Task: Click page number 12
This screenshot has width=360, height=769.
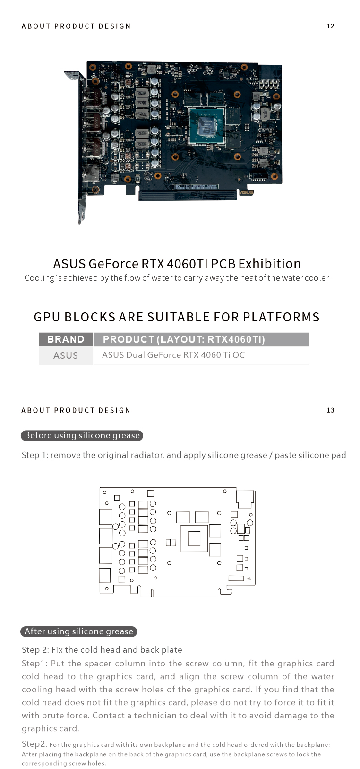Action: (x=331, y=26)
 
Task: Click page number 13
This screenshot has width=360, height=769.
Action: (x=331, y=410)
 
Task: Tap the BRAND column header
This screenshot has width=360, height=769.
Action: (x=66, y=339)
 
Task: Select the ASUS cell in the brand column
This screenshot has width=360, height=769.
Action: (x=66, y=355)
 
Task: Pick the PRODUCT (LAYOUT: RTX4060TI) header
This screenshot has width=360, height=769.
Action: (x=184, y=339)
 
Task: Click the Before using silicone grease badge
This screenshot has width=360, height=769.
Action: (x=82, y=435)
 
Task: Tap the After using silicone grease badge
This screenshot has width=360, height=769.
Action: (x=79, y=631)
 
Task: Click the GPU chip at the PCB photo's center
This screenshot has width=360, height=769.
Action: (x=206, y=125)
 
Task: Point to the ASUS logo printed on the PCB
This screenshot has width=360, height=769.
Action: (x=246, y=192)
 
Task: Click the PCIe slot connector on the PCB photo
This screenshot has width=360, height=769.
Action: (x=188, y=196)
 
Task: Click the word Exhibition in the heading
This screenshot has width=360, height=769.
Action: (x=269, y=264)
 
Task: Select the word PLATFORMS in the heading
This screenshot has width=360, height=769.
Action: (x=281, y=317)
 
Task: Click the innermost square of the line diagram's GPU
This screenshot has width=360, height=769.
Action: (x=194, y=538)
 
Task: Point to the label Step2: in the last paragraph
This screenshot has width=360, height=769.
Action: (x=34, y=744)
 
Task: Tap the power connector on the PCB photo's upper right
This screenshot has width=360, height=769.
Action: (x=269, y=85)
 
